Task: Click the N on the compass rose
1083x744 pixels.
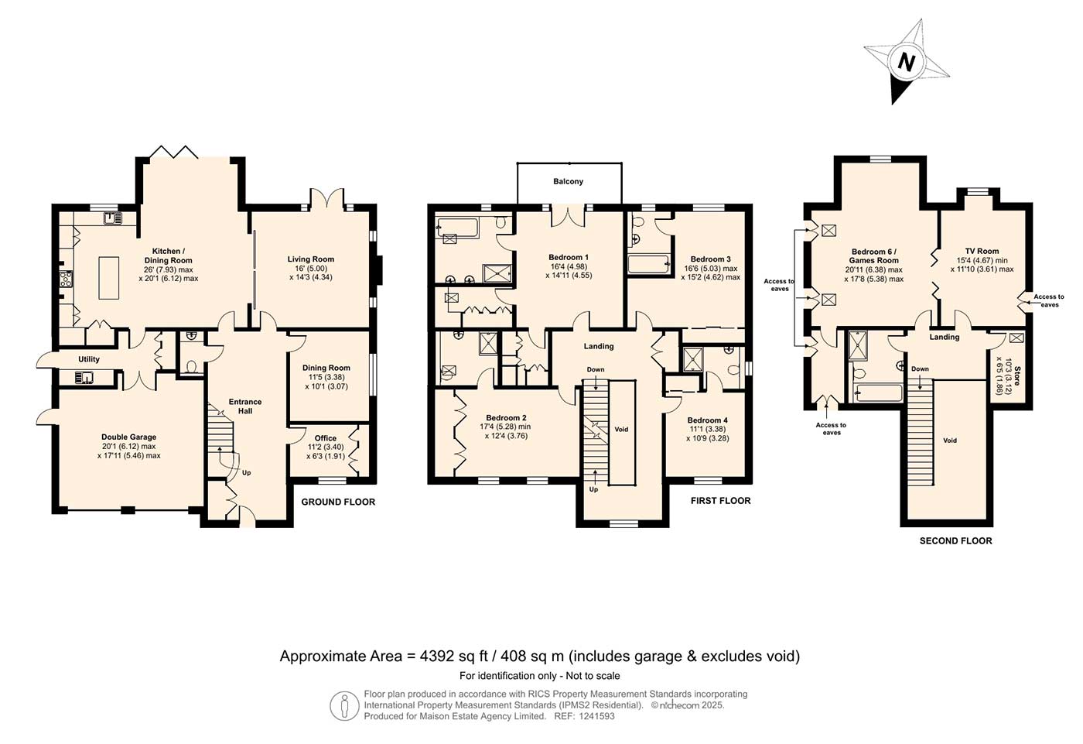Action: click(x=906, y=63)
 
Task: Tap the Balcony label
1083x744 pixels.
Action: click(x=568, y=181)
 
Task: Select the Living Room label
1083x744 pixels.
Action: click(x=311, y=259)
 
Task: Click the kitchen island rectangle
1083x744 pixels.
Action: click(x=109, y=278)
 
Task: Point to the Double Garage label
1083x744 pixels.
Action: click(x=128, y=437)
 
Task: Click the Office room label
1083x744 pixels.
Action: click(x=326, y=438)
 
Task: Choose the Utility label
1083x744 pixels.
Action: click(x=89, y=359)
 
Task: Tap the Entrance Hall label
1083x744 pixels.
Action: click(x=245, y=406)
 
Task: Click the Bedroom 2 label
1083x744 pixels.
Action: click(x=506, y=418)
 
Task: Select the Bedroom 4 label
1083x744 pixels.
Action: click(x=707, y=420)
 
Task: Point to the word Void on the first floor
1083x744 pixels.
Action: click(x=621, y=429)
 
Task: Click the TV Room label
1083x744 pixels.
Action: click(x=982, y=251)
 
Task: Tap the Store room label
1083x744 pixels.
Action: click(x=1017, y=375)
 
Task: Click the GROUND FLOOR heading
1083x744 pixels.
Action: click(x=338, y=502)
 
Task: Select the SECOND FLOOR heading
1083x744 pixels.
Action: click(x=956, y=541)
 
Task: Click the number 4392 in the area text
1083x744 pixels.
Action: click(x=437, y=657)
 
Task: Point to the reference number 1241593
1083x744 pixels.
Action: click(x=596, y=716)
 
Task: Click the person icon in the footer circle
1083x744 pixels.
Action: click(x=344, y=706)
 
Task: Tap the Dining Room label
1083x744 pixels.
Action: click(x=326, y=369)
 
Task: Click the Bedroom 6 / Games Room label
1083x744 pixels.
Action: click(x=873, y=256)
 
